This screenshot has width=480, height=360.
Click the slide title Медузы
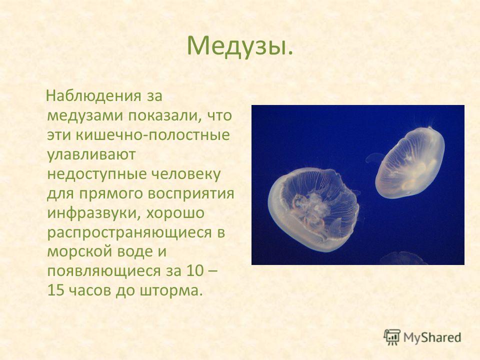tap(239, 46)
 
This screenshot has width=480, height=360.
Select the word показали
tap(163, 115)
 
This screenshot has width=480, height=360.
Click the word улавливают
tap(91, 155)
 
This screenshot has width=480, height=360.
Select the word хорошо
tap(175, 213)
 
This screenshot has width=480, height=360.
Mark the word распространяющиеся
tap(129, 232)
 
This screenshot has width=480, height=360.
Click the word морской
tap(80, 251)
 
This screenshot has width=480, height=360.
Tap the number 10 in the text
tap(194, 271)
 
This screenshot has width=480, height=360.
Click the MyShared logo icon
tap(392, 337)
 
